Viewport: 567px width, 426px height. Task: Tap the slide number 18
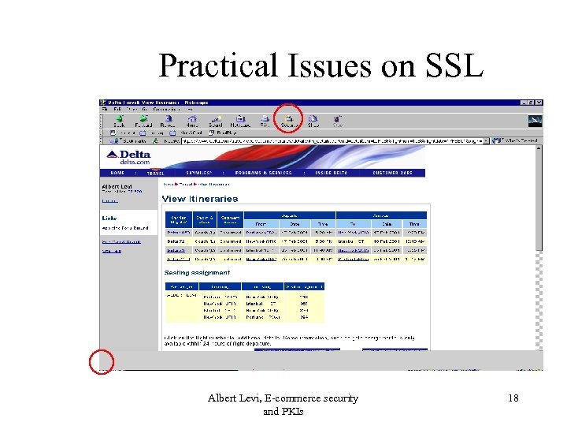click(x=513, y=398)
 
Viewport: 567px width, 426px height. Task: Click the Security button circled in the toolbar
click(x=288, y=119)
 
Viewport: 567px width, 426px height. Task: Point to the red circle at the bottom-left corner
click(x=102, y=361)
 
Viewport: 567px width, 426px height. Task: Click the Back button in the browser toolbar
click(x=119, y=121)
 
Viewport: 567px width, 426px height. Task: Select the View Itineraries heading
click(x=199, y=199)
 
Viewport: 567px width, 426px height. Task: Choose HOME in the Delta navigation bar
click(x=117, y=172)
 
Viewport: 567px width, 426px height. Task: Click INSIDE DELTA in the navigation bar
click(x=333, y=172)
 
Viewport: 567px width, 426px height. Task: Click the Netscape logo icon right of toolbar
click(x=534, y=121)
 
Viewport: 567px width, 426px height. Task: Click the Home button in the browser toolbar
click(x=191, y=121)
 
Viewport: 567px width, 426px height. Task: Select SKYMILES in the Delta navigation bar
click(x=194, y=172)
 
